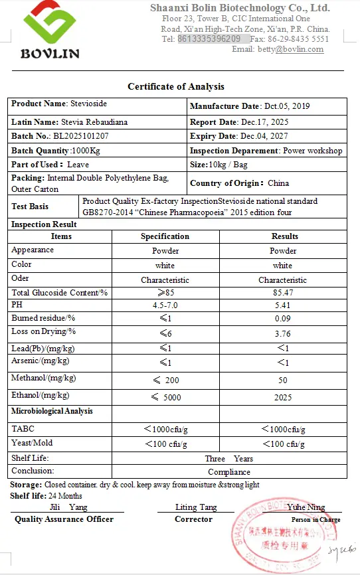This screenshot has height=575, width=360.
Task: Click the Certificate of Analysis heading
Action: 176,86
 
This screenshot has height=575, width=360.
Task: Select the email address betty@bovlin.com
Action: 295,49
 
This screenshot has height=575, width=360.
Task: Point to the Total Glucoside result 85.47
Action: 282,293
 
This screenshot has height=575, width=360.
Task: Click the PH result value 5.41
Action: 282,305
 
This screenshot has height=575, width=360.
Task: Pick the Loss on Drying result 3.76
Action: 282,333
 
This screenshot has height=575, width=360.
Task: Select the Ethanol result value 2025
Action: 282,396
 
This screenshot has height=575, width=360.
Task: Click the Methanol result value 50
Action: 282,380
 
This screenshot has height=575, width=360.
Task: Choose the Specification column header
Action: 165,236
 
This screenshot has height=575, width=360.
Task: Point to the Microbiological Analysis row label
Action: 52,411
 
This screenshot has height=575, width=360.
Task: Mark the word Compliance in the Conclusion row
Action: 229,472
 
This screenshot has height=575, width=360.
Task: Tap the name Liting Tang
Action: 195,507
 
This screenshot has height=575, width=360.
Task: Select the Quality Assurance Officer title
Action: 64,519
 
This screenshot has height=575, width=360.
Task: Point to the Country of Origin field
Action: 239,183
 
